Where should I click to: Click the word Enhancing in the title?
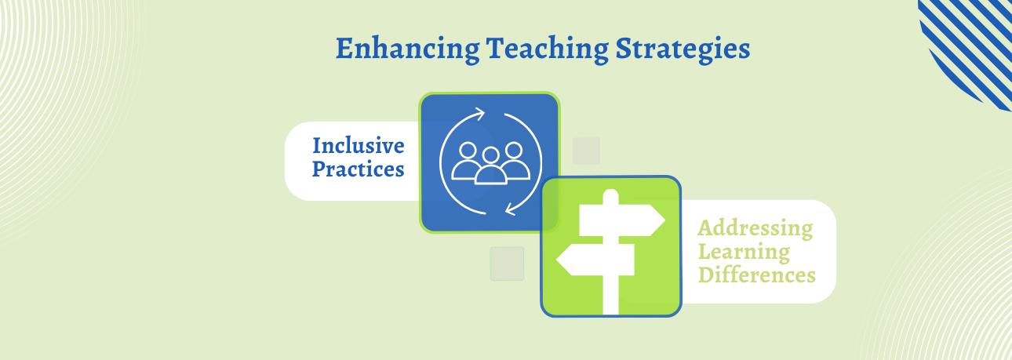pos(407,49)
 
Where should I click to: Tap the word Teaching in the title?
pos(547,49)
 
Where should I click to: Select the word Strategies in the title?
pos(683,49)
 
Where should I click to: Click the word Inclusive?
pos(359,145)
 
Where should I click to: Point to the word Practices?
pos(358,169)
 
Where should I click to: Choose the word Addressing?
pos(755,228)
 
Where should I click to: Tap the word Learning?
pos(744,252)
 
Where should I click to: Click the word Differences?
pos(757,275)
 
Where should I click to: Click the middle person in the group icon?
pos(490,167)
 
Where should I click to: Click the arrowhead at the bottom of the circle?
pos(511,209)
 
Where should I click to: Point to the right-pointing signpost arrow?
pos(621,220)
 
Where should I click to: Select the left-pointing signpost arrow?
pos(595,260)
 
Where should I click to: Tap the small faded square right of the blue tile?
pos(587,151)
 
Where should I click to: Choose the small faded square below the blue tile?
pos(507,264)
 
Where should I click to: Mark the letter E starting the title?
pos(344,49)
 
